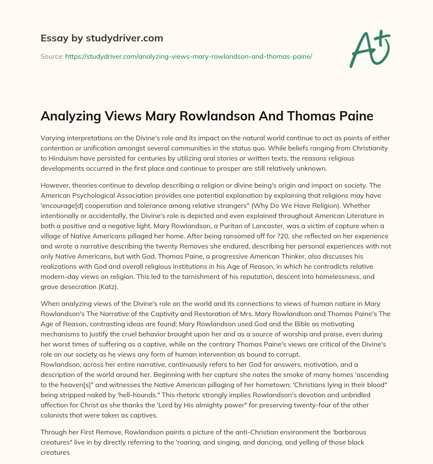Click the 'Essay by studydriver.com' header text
[101, 38]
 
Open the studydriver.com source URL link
[188, 56]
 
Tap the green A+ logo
[369, 49]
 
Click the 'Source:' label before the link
[52, 56]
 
